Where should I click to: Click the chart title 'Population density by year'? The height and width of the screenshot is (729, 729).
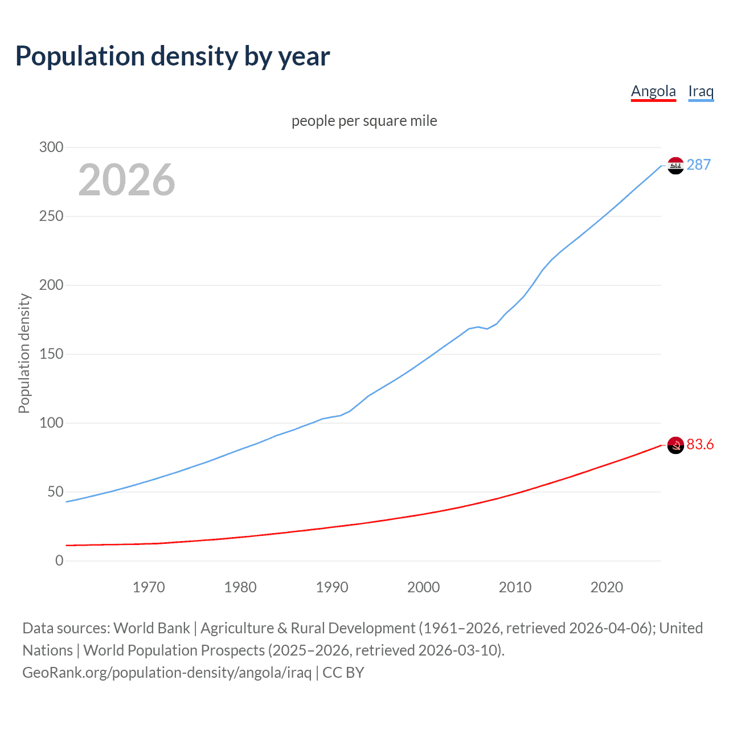[173, 56]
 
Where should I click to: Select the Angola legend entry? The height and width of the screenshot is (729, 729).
[653, 91]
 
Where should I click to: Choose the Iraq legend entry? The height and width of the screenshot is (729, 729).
[701, 91]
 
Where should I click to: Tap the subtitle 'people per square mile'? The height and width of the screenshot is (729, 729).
[364, 121]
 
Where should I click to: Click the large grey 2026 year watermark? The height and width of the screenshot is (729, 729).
[126, 180]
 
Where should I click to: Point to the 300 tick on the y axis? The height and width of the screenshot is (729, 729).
[51, 148]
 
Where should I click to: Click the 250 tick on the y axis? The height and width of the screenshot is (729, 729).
[51, 216]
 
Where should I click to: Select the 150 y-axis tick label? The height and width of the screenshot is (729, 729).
[51, 354]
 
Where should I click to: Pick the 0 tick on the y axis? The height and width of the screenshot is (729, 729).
[59, 561]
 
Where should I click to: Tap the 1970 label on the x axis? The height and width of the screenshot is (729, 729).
[149, 587]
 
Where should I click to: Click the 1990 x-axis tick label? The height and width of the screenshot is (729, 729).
[332, 587]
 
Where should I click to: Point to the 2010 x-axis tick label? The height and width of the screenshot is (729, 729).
[515, 587]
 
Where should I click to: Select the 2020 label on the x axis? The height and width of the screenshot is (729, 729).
[607, 587]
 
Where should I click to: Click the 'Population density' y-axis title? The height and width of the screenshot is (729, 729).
[24, 353]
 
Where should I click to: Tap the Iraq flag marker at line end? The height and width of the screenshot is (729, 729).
[675, 166]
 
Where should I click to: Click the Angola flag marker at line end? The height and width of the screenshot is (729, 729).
[675, 445]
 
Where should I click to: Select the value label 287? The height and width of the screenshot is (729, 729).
[698, 165]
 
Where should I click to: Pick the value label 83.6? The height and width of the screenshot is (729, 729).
[700, 444]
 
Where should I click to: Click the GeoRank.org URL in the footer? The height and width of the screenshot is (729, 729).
[167, 673]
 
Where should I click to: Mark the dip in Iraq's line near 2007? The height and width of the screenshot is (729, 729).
[487, 329]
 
